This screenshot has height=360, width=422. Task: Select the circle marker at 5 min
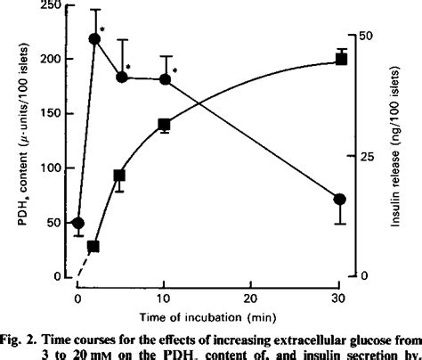122,78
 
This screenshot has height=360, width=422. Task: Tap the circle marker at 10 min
165,79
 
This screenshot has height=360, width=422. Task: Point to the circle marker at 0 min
78,223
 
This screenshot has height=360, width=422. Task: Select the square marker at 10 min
165,125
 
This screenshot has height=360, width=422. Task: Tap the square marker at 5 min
120,175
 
